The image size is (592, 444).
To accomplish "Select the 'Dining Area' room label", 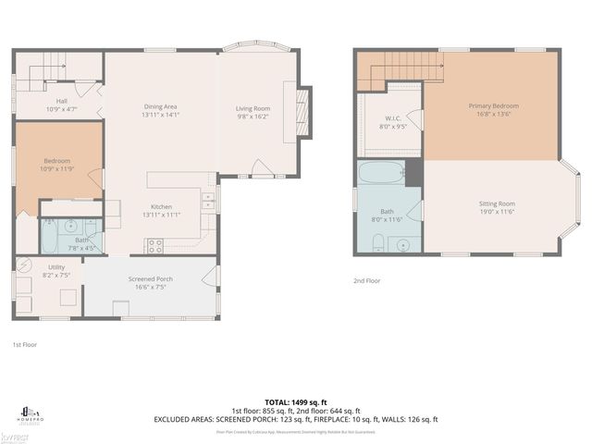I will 160,106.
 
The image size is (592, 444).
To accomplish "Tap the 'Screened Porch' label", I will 151,278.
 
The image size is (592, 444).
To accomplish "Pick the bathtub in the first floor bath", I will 53,237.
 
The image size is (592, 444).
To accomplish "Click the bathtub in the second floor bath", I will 380,172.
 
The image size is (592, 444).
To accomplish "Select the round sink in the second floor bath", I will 403,245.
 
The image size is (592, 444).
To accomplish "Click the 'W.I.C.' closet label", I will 392,118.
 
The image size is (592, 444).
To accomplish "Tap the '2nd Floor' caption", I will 366,279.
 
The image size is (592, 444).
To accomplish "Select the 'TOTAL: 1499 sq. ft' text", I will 295,403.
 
